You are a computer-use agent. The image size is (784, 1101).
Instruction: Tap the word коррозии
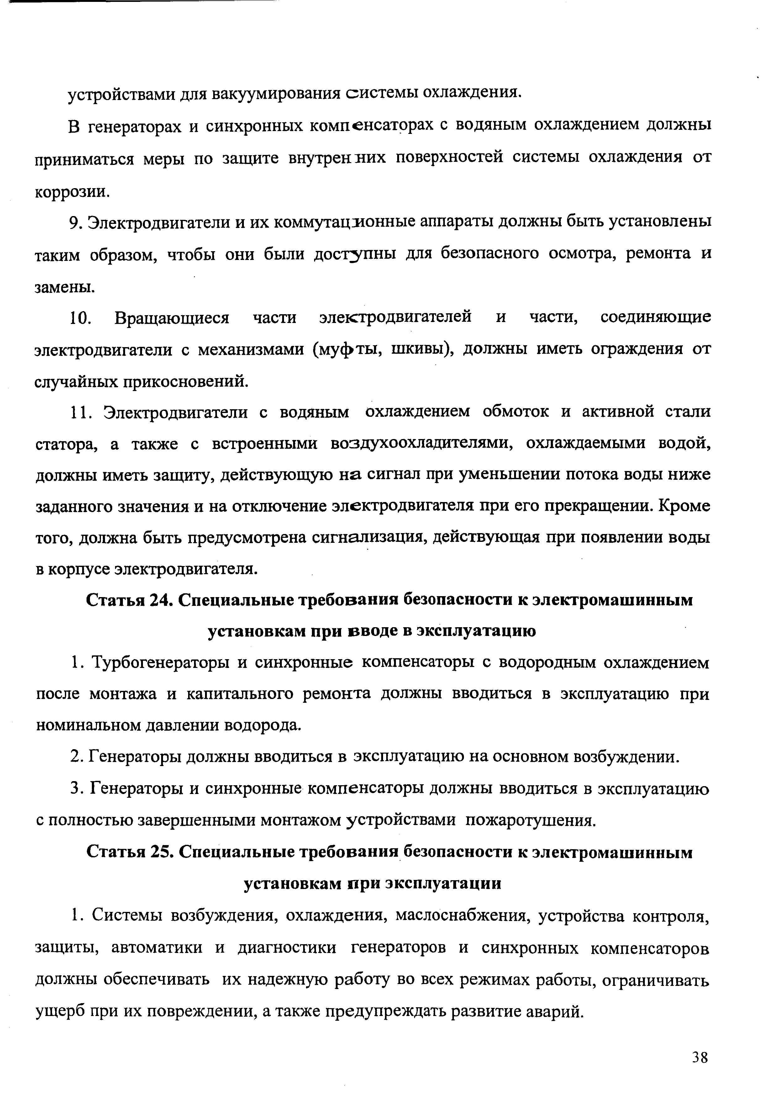tap(72, 192)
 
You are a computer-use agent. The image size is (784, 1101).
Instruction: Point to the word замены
tap(65, 287)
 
